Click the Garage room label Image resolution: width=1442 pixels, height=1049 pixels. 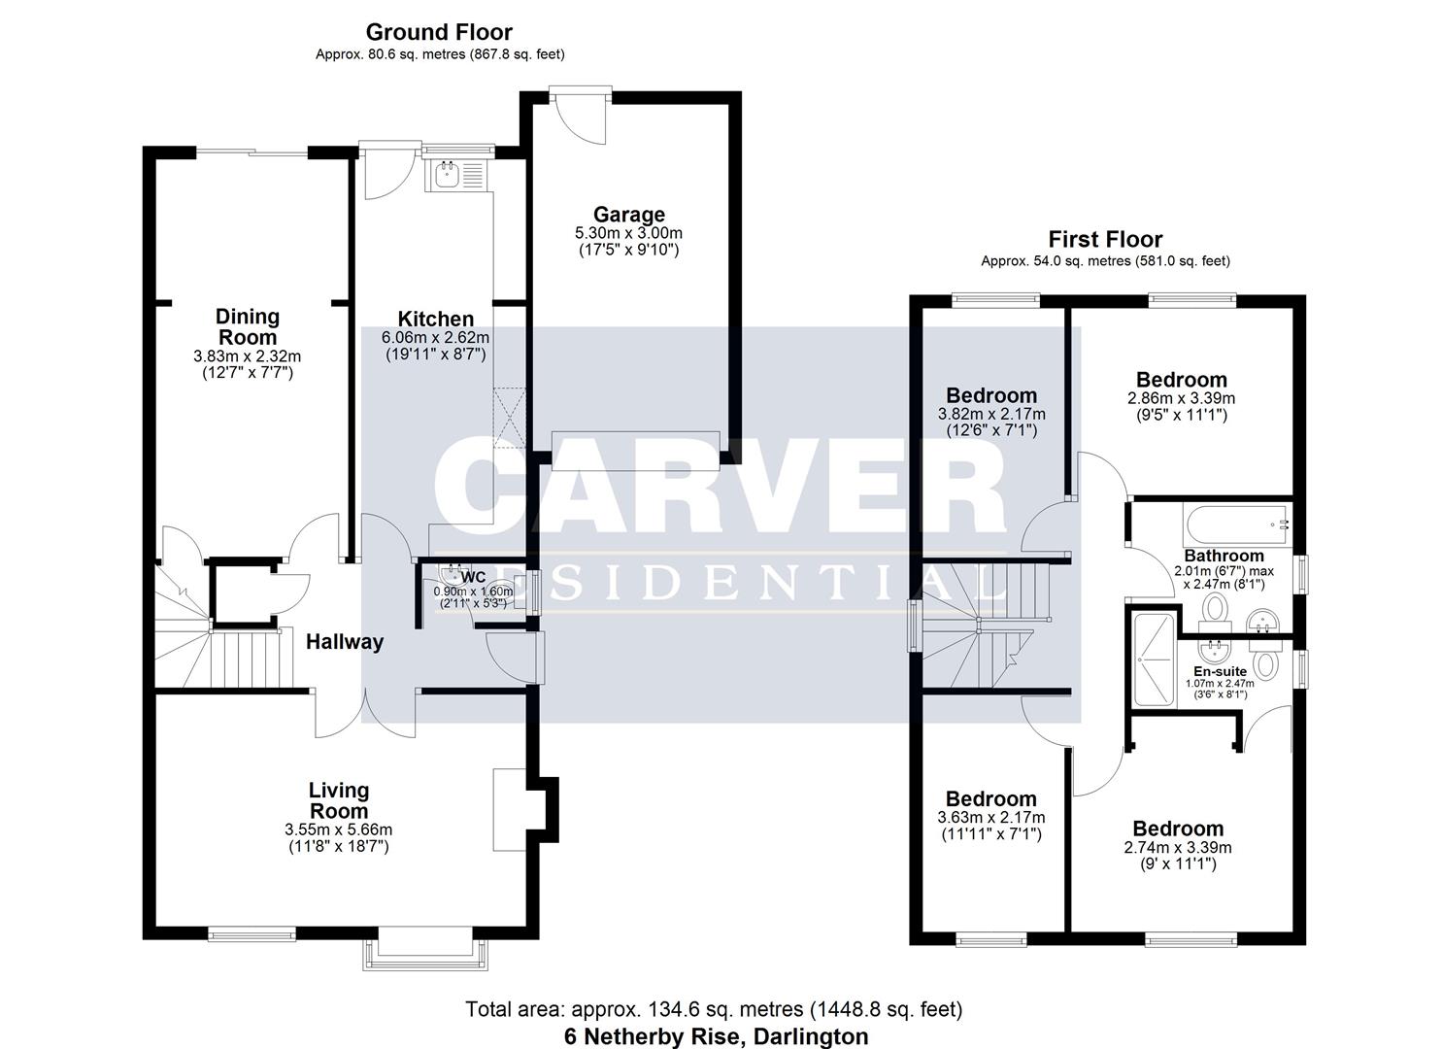coord(629,215)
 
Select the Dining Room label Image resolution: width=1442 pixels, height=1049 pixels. coord(247,326)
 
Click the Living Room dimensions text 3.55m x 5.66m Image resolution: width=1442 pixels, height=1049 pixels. coord(338,829)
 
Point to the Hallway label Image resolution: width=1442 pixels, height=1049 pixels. coord(345,642)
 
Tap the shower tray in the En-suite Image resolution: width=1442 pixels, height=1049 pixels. coord(1154,658)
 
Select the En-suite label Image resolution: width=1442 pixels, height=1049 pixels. coord(1220,671)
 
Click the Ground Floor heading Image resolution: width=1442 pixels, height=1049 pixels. coord(439,33)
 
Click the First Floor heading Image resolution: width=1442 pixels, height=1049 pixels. coord(1105,239)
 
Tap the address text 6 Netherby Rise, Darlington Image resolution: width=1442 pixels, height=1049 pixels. coord(716,1036)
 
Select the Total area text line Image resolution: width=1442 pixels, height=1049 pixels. coord(714,1009)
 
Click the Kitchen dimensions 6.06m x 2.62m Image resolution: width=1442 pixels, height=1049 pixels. coord(436,337)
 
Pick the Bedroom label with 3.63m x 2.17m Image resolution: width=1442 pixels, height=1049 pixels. coord(991,799)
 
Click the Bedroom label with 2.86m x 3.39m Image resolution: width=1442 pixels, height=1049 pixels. coord(1181,380)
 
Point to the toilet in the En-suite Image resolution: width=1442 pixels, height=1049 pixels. coord(1264,665)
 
